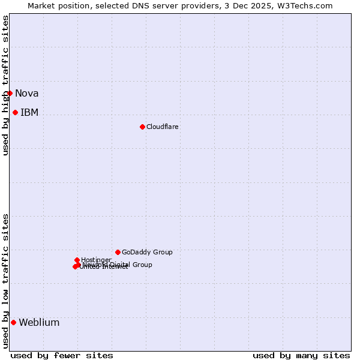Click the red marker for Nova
(10, 93)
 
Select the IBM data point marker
(15, 112)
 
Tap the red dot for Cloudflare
(142, 127)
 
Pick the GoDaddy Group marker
(118, 252)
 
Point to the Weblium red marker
(13, 322)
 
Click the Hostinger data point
(77, 260)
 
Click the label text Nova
(26, 93)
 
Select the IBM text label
(29, 112)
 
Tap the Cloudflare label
(162, 127)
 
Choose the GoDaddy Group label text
(147, 252)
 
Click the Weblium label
(39, 322)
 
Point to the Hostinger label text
(96, 260)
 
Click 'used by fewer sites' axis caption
(62, 355)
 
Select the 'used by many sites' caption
(301, 355)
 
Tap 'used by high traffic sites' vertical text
(5, 86)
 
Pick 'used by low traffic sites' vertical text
(5, 281)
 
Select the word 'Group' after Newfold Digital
(142, 265)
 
